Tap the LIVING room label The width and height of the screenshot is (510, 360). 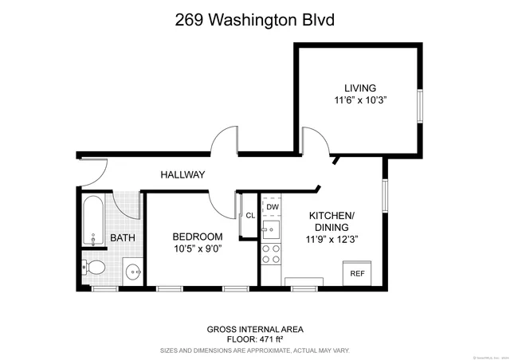pos(360,88)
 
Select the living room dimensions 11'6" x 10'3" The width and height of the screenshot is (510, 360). pos(360,101)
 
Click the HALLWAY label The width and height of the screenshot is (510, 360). pos(182,174)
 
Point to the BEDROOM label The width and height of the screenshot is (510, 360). pos(198,237)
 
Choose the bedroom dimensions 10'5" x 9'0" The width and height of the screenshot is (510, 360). pos(198,249)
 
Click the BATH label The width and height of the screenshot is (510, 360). pos(122,238)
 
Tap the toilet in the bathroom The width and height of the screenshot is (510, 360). pos(96,267)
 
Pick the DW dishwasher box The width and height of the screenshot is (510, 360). pos(273,207)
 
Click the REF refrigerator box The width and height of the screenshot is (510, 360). pos(358,272)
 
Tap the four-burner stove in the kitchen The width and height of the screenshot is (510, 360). pos(272,253)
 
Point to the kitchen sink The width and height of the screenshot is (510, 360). pos(271,231)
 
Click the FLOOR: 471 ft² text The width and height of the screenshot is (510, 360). pos(255,338)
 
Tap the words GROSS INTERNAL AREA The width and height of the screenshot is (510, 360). pos(255,328)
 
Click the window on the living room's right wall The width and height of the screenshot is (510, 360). pos(420,106)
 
